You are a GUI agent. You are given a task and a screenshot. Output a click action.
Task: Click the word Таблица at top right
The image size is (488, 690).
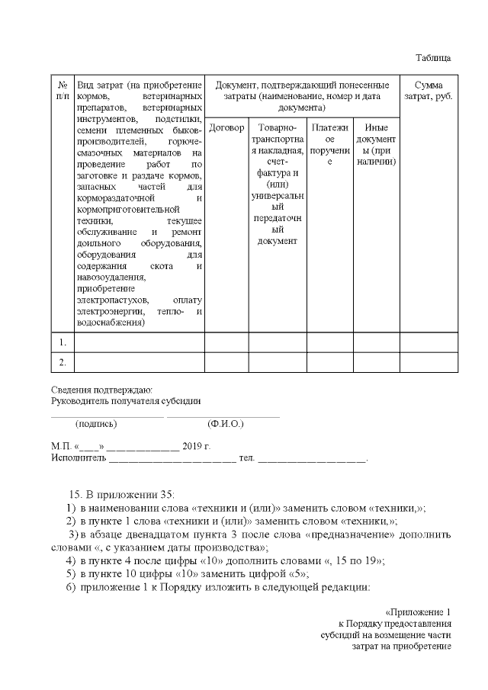(x=433, y=58)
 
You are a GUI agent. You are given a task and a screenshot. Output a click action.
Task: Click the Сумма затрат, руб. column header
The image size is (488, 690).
(x=429, y=91)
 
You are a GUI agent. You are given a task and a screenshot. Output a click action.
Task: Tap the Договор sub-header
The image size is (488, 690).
(x=226, y=127)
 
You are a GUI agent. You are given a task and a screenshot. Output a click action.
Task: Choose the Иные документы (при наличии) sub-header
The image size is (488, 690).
(x=377, y=145)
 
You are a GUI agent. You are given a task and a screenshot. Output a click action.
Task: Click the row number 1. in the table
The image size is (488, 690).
(x=63, y=342)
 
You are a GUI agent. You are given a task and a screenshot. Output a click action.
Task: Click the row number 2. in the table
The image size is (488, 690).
(x=63, y=361)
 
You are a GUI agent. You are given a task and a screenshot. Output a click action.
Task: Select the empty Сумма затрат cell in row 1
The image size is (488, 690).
(x=429, y=342)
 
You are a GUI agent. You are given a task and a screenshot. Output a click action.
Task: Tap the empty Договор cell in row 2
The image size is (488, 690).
(x=226, y=361)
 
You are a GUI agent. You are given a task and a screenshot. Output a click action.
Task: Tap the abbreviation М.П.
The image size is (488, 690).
(x=61, y=446)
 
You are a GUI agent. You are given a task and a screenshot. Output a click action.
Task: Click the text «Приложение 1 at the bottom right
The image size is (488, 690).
(x=419, y=611)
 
